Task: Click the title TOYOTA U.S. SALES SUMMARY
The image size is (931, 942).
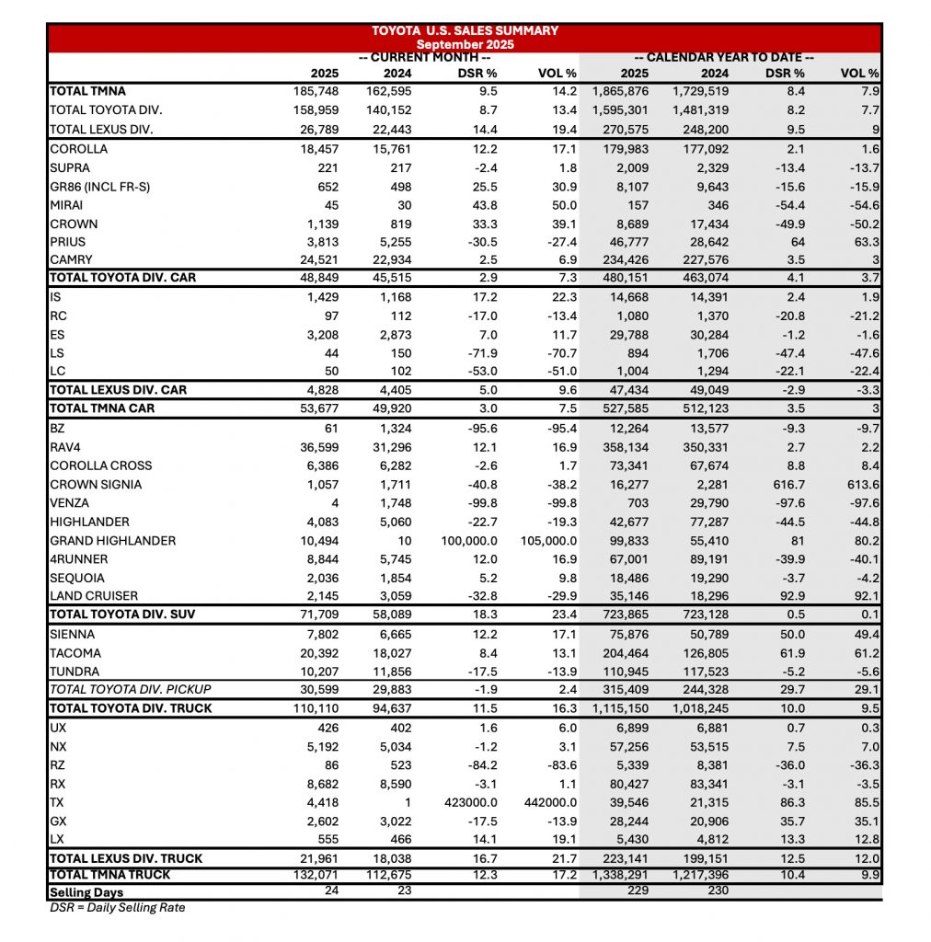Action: (x=465, y=30)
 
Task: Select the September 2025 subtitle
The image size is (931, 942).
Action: (x=465, y=43)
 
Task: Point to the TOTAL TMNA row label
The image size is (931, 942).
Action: (x=87, y=91)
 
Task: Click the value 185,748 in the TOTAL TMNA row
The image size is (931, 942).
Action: (x=313, y=91)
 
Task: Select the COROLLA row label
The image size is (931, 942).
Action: (x=79, y=148)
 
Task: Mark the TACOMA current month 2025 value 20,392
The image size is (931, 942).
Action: (x=317, y=652)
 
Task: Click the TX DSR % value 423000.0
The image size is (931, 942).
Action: (x=470, y=802)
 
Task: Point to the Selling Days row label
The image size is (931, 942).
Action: (x=86, y=891)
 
